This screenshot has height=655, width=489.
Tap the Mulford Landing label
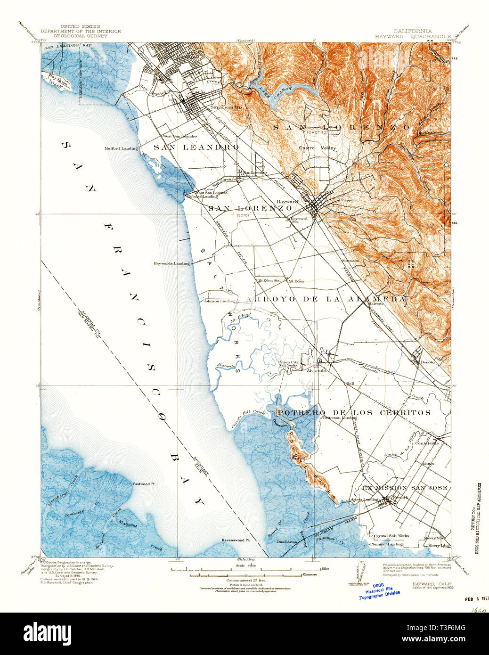(x=121, y=148)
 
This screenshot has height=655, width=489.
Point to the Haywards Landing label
(x=171, y=263)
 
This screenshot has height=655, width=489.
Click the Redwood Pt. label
(x=144, y=484)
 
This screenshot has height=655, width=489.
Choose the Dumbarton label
(x=287, y=542)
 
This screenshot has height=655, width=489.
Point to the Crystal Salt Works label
(x=391, y=536)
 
